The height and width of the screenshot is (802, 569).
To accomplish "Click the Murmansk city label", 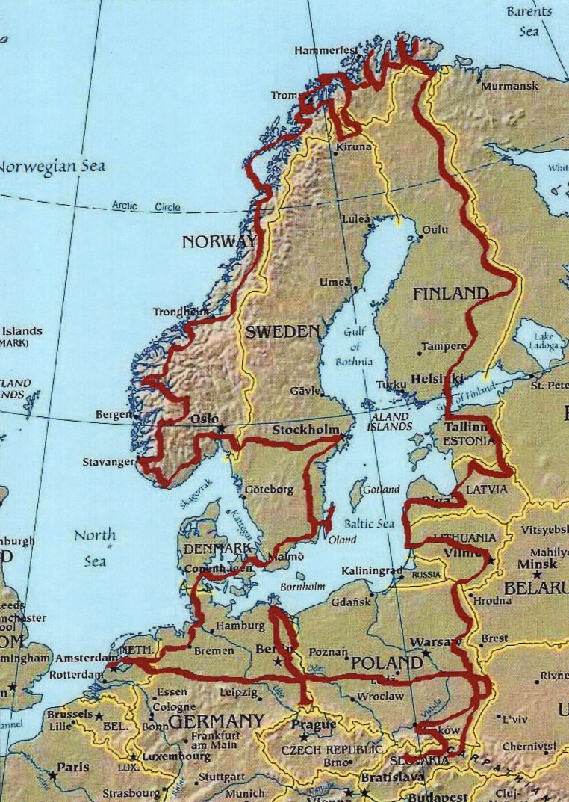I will point(510,87).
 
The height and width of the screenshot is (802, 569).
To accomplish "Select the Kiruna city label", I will point(353,147).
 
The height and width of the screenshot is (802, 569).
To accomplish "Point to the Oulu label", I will point(435,229).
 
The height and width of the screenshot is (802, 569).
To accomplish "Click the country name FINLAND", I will point(450,294).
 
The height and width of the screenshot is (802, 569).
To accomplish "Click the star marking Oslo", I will point(221,428).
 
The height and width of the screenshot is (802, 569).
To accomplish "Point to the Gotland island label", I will point(380,490).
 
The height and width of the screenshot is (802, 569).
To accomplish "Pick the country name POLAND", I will point(387,664).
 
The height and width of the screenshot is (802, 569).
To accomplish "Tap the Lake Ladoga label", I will point(543,340).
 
